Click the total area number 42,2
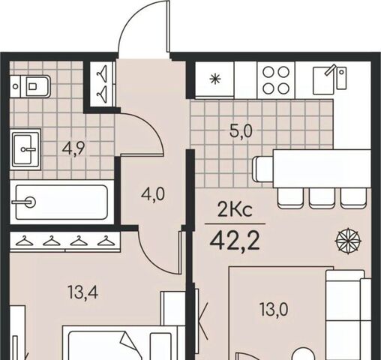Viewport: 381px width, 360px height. coord(235,241)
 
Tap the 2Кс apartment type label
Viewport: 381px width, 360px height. coord(235,210)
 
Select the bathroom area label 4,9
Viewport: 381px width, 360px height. coord(73,149)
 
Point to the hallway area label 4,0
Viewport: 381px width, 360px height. coord(153,194)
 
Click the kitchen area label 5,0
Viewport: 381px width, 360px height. coord(241,131)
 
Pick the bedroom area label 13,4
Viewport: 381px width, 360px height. coord(83,292)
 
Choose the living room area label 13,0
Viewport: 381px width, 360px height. coord(274,309)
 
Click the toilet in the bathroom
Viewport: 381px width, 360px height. coord(30,86)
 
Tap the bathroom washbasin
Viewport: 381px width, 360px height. coord(25,149)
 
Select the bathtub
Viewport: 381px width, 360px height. coord(61,202)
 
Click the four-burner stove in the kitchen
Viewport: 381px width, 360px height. coord(276,80)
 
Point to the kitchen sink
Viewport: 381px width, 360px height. coord(329,79)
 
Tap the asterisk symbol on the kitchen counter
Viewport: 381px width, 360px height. coord(215,79)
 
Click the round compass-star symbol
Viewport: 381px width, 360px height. coord(348,241)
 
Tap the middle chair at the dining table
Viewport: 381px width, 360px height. coord(322,198)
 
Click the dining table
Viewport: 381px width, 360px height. coord(322,168)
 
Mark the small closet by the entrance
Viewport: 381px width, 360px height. coord(102,84)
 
